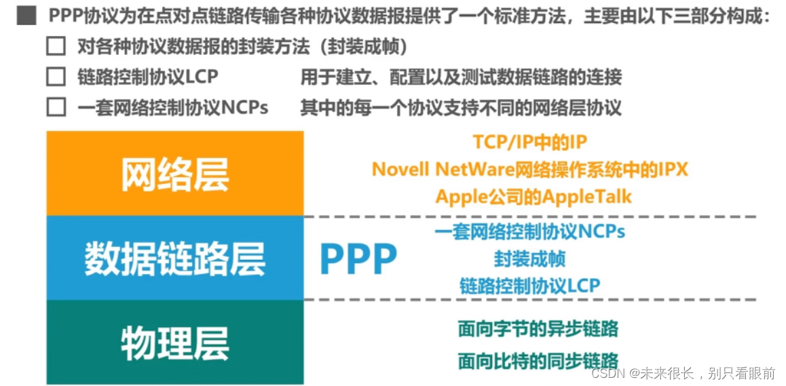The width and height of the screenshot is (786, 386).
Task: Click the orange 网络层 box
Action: coord(174,173)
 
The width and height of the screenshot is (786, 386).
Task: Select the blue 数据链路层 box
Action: coord(174,258)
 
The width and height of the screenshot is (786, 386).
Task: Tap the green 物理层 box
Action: coord(174,343)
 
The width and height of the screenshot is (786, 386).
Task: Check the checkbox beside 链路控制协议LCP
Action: coord(56,77)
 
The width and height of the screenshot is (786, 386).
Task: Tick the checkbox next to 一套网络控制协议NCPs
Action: coord(56,107)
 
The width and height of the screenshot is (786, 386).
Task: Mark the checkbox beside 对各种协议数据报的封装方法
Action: coord(56,47)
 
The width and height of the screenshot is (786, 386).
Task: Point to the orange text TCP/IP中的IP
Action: coord(529,142)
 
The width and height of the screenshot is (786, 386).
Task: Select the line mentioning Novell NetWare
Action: coord(529,169)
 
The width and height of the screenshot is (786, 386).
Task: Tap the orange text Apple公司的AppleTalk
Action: coord(534,197)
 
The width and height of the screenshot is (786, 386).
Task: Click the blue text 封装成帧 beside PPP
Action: coord(529,258)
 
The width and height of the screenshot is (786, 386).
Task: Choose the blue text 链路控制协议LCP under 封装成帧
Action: coord(529,286)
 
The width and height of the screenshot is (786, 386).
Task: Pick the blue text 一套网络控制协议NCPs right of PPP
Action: coord(529,231)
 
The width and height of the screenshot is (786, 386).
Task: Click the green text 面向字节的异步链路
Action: coord(538,330)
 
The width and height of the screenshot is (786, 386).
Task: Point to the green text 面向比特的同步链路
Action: coord(538,360)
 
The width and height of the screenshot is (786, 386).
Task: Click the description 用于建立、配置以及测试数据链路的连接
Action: coord(461,77)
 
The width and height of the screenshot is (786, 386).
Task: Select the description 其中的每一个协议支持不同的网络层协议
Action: coord(461,107)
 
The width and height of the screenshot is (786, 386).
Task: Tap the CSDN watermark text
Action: coord(683,373)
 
